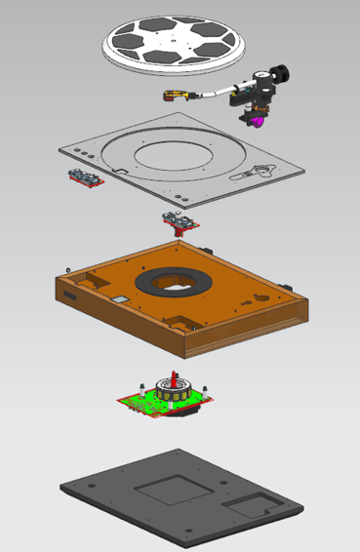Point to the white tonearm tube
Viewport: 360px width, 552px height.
[217, 94]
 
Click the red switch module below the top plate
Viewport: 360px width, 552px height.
[179, 221]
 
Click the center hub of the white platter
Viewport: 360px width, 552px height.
[173, 43]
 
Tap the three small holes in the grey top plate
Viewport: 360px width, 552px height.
[85, 154]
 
